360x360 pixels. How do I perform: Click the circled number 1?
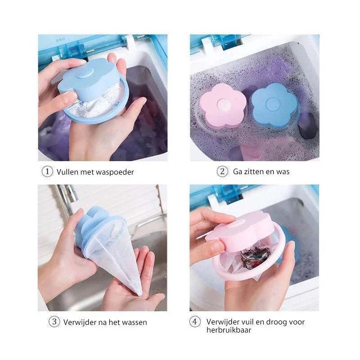[47, 171]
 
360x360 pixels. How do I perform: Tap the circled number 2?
[222, 171]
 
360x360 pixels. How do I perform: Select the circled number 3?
[54, 322]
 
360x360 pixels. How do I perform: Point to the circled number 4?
[195, 322]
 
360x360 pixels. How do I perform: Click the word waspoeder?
[115, 172]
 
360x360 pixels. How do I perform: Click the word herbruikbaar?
[229, 330]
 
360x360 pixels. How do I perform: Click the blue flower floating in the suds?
[274, 105]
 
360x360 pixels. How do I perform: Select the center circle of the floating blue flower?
[273, 104]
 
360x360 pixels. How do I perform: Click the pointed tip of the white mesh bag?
[140, 294]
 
